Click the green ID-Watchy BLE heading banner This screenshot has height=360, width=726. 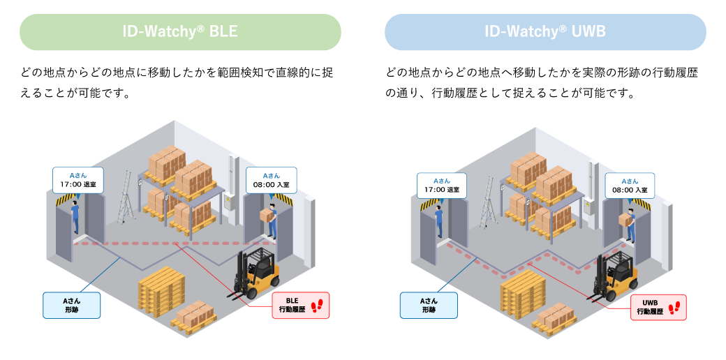pos(180,32)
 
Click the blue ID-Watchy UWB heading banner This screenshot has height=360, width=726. pos(545,32)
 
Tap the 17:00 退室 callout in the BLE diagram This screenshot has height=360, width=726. pos(77,180)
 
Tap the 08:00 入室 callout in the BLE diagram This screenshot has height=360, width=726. pos(272,180)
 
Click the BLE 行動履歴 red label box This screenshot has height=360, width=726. pos(300,305)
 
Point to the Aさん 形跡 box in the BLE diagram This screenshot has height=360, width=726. pos(72,304)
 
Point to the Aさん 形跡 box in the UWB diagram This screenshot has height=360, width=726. pos(429,305)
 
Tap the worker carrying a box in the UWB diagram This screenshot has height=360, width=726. pos(628,227)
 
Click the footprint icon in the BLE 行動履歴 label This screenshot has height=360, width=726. pos(318,305)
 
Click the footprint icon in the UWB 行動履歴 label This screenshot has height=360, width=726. pos(675,308)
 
